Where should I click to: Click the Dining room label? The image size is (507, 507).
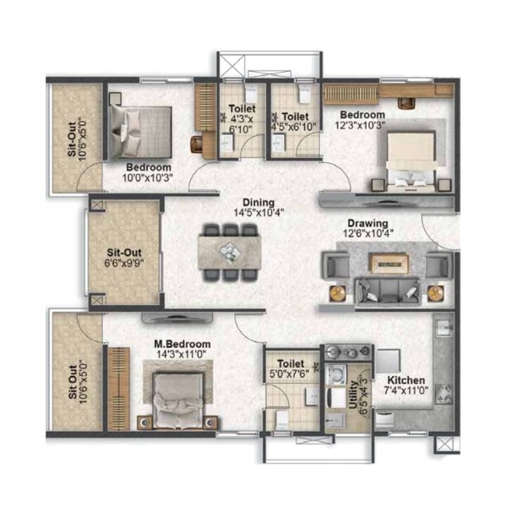click(259, 203)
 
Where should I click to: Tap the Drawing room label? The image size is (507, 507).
click(368, 223)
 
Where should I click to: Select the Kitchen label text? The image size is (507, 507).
click(406, 380)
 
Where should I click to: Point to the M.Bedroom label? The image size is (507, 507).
click(183, 344)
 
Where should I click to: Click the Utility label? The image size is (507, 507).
click(354, 395)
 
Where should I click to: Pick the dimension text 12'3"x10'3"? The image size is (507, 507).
click(360, 125)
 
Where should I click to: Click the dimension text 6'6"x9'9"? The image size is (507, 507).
click(124, 263)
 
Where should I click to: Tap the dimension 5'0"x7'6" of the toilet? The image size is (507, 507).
click(289, 373)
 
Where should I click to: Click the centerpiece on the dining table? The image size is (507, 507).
click(229, 251)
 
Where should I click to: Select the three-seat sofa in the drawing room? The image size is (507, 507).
click(387, 292)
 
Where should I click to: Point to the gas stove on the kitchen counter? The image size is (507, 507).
click(444, 394)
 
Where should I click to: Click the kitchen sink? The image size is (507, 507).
click(444, 329)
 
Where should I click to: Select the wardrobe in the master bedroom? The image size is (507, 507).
click(118, 389)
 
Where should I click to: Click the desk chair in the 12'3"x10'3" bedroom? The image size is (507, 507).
click(406, 103)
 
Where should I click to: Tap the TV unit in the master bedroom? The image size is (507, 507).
click(177, 318)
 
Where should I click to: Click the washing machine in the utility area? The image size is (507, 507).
click(336, 374)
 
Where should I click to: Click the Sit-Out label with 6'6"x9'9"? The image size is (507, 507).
click(124, 253)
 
